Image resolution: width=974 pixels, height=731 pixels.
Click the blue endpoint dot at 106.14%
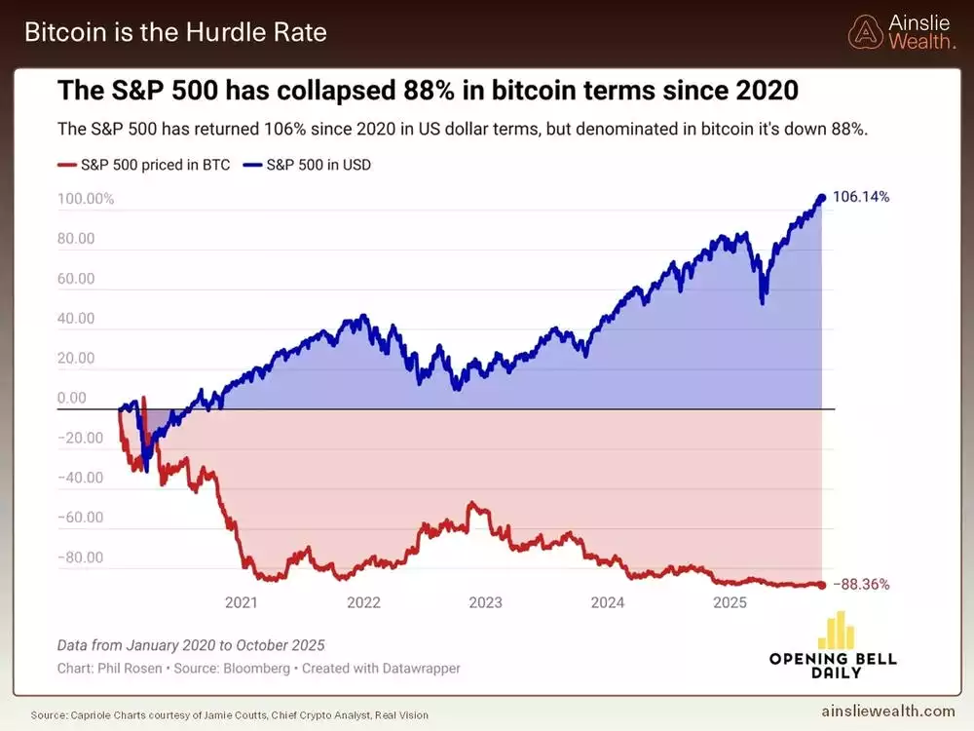821,198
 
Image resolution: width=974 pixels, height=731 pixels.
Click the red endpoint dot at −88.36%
821,585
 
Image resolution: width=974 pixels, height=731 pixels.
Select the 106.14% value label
861,197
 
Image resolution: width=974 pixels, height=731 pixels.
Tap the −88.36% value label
861,585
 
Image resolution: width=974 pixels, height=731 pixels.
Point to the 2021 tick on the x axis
242,602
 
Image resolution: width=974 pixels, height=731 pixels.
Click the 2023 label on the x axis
485,602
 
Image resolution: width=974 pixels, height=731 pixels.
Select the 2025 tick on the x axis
730,602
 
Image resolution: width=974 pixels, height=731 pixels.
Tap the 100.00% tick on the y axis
86,199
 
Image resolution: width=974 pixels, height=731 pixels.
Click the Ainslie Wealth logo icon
863,32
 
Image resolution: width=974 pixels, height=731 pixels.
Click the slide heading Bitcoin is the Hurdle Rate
175,32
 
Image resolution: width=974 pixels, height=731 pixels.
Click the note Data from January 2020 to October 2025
191,645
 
